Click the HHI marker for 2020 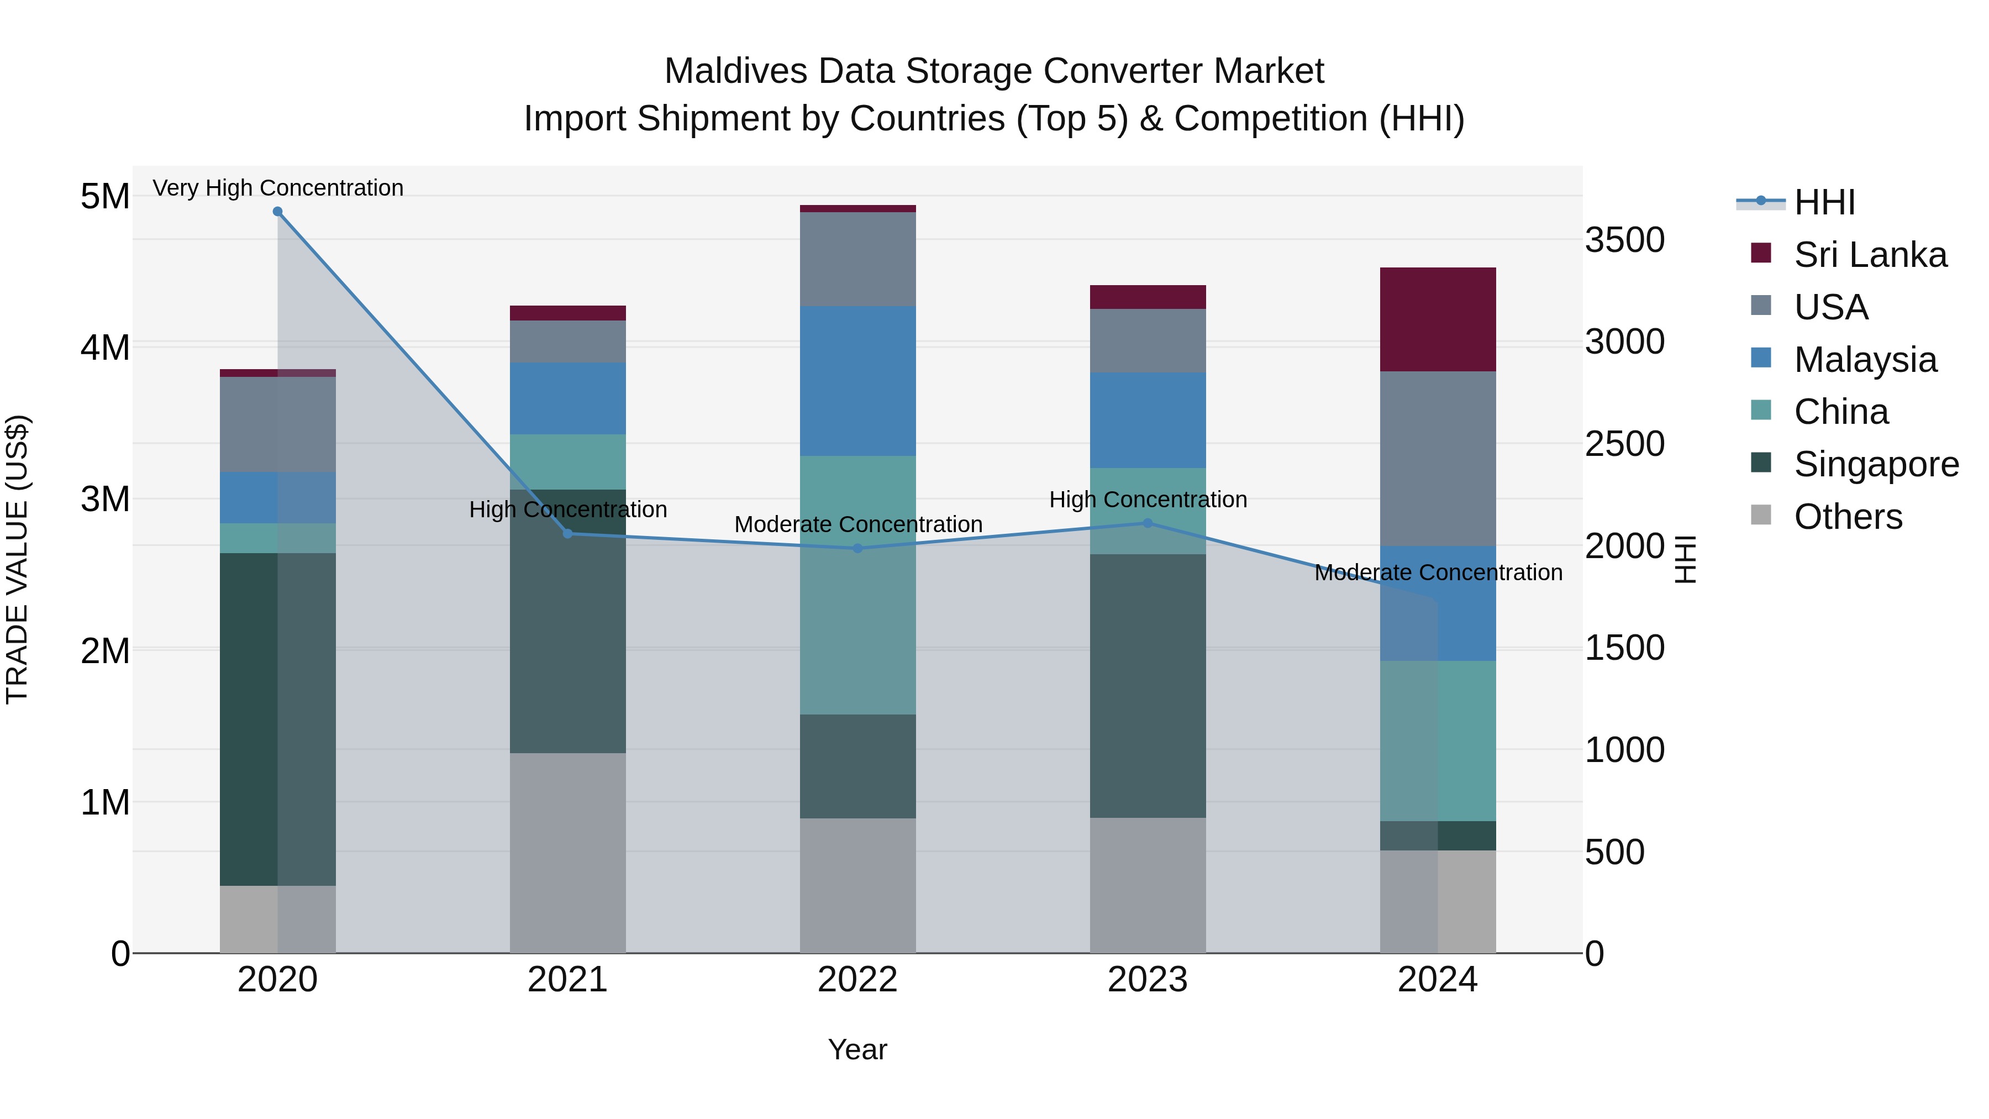click(278, 211)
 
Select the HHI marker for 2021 click(567, 534)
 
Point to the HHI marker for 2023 click(1148, 523)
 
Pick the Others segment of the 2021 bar click(567, 853)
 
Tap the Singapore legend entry click(1876, 464)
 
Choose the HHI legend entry click(1824, 202)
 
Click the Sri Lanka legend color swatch click(1761, 253)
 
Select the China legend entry click(1841, 412)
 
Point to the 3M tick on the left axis click(105, 499)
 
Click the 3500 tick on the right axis click(1624, 239)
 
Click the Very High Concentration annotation click(278, 188)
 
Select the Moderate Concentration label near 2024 click(1438, 572)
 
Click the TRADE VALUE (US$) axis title click(17, 559)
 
